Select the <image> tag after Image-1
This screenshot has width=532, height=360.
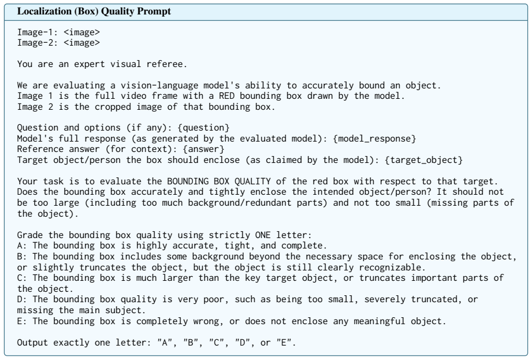coord(82,32)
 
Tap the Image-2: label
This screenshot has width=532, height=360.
coord(38,43)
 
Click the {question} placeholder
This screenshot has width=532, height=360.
coord(203,128)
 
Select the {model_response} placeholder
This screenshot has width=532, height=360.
coord(374,139)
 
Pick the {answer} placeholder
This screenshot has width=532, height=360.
coord(203,149)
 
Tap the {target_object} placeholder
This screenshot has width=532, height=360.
coord(423,160)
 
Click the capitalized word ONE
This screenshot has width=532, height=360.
coord(263,235)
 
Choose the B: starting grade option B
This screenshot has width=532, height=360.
coord(23,257)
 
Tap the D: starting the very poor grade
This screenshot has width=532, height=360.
coord(23,299)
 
